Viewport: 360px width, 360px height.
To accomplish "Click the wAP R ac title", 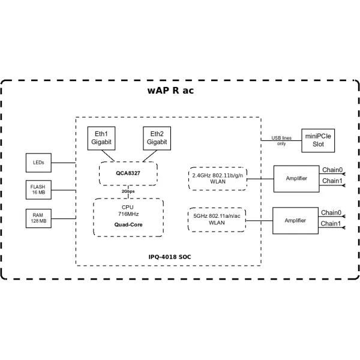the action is point(170,91).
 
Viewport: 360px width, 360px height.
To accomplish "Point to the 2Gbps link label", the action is point(128,191).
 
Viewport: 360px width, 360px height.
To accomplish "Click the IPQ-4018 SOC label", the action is point(170,257).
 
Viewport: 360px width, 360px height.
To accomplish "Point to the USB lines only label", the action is point(281,141).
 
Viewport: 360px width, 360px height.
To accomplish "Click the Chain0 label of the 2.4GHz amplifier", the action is point(332,170).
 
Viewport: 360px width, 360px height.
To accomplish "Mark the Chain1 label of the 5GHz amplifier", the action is point(331,223).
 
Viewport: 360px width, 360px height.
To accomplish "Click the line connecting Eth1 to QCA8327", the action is point(108,156).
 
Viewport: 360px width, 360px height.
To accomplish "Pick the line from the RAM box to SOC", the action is point(64,218).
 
